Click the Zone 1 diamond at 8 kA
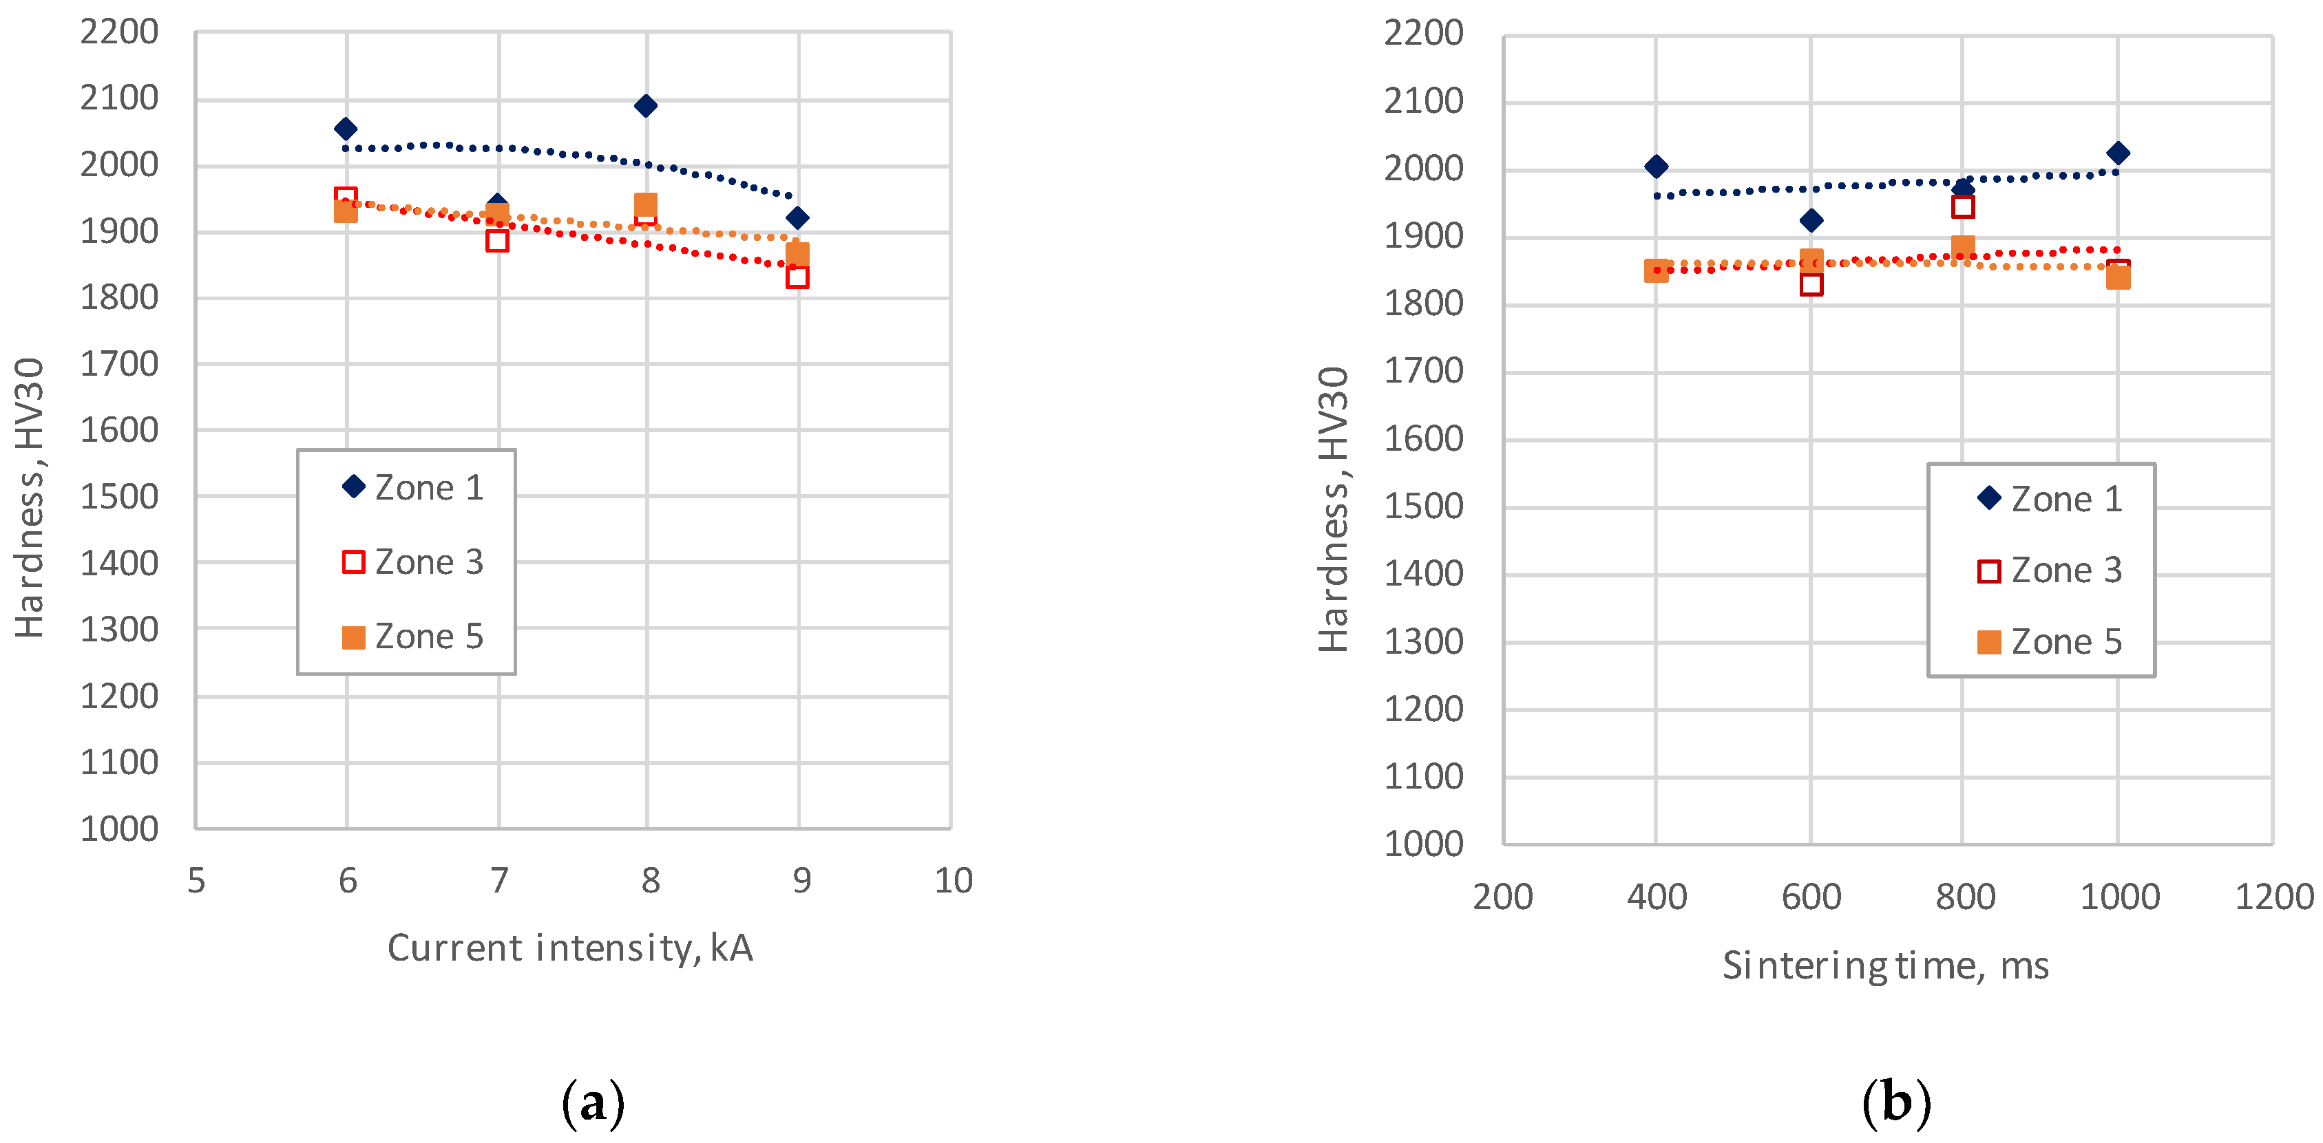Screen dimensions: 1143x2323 (646, 105)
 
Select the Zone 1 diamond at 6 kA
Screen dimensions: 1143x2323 (346, 129)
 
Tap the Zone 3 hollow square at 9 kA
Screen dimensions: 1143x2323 (797, 277)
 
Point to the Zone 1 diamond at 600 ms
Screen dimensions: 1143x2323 (1811, 220)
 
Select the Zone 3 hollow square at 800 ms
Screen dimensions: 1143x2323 (1963, 206)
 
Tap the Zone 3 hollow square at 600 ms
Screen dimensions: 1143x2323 (1811, 285)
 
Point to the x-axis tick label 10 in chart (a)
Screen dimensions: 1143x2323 (953, 881)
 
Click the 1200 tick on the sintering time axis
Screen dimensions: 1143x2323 (2273, 897)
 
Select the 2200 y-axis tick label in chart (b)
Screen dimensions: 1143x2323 (1423, 33)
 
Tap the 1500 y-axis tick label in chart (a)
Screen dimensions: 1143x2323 (119, 497)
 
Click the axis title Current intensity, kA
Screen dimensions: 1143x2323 (570, 948)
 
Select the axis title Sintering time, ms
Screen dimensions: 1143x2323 (1886, 965)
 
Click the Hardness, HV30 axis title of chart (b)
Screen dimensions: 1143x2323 (1334, 509)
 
